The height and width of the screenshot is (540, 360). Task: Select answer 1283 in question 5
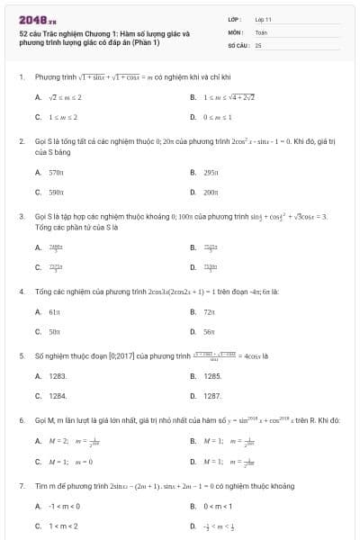58,375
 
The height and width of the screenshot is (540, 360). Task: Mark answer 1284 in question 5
58,395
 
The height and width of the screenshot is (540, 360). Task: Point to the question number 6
21,420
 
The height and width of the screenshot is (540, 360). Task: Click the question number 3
21,217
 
